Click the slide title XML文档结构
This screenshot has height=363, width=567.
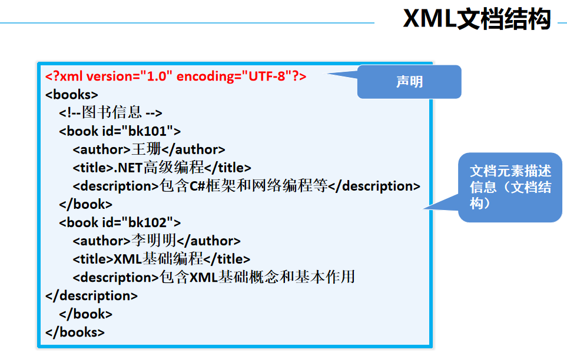[x=476, y=19]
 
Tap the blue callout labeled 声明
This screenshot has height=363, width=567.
[x=409, y=82]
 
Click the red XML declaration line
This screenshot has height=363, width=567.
[x=175, y=76]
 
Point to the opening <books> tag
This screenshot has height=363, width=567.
[x=71, y=95]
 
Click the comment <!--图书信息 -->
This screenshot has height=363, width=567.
[x=110, y=113]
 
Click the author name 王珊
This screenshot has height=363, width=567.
[x=142, y=149]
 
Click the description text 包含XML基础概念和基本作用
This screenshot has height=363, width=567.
[x=257, y=277]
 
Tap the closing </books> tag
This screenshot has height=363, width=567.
[x=75, y=332]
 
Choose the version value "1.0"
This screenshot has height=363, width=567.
[x=156, y=76]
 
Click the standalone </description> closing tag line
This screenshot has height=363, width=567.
[x=91, y=295]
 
